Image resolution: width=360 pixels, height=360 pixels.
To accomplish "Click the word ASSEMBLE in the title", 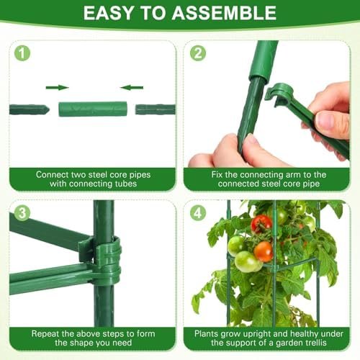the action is [224, 13].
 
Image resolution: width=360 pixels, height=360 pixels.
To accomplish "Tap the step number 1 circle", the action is [22, 53].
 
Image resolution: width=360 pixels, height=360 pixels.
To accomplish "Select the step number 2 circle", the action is [198, 53].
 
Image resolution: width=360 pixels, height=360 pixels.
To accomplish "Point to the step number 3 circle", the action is [22, 213].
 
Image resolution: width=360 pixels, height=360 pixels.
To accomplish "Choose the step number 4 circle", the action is [198, 213].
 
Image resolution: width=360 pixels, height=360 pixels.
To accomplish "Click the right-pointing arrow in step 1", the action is [57, 88].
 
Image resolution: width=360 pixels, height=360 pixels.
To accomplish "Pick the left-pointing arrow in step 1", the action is [132, 88].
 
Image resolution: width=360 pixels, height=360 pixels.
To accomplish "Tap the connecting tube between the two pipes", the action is [93, 109].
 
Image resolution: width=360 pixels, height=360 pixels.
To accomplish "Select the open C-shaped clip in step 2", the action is [279, 94].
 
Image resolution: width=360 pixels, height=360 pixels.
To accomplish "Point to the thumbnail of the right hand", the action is [327, 121].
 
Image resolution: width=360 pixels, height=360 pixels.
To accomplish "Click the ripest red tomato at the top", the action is [261, 224].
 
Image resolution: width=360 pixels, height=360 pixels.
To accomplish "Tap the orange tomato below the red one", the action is [264, 251].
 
